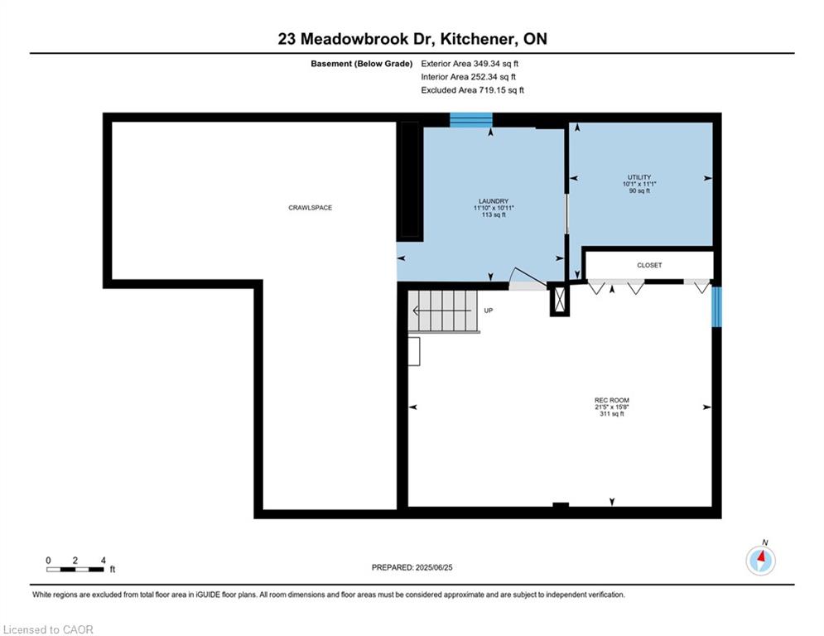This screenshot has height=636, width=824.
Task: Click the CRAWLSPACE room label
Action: (310, 208)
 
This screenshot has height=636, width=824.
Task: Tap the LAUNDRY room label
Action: (494, 200)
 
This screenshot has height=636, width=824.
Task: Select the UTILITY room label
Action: (639, 177)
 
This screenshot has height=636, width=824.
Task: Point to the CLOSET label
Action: (649, 266)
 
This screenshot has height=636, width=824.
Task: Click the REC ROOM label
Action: (612, 400)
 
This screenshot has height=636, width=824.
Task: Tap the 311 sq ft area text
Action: (612, 414)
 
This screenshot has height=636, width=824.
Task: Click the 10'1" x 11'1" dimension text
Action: (639, 184)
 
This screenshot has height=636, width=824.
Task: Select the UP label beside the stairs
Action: (489, 311)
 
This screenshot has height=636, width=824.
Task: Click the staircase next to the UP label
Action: (444, 311)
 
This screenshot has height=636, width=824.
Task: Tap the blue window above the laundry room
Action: (471, 120)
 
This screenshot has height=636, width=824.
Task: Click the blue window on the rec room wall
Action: (717, 306)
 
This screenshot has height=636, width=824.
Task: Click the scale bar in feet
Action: (75, 569)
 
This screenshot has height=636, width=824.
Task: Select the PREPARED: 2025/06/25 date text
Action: (412, 567)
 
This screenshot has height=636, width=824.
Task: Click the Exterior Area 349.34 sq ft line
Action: (470, 64)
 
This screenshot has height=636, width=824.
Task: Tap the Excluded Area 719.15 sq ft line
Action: (472, 90)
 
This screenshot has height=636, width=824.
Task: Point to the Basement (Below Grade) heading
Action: (362, 64)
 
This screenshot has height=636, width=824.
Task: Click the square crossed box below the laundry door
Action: (560, 300)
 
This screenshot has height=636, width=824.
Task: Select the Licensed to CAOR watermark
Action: (48, 629)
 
